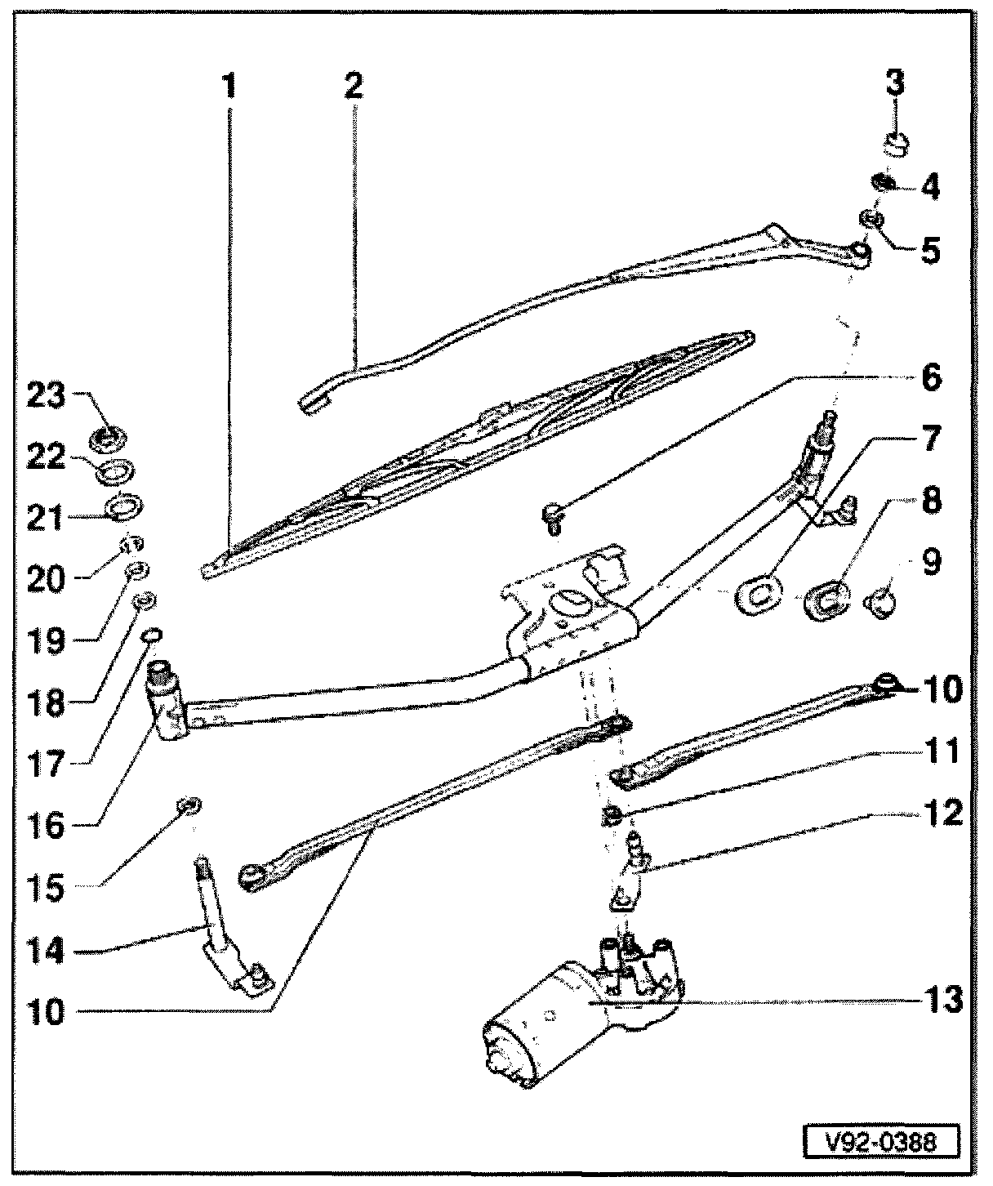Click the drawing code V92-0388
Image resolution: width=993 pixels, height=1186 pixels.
click(878, 1140)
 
